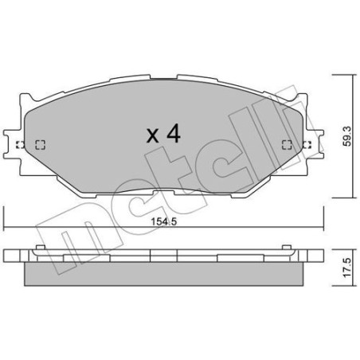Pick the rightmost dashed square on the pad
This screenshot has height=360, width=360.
[306, 145]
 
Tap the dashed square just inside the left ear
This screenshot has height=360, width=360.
[41, 145]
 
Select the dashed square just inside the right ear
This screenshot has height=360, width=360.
[286, 145]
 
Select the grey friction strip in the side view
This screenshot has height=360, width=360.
[162, 274]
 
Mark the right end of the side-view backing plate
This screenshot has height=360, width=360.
[319, 255]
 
